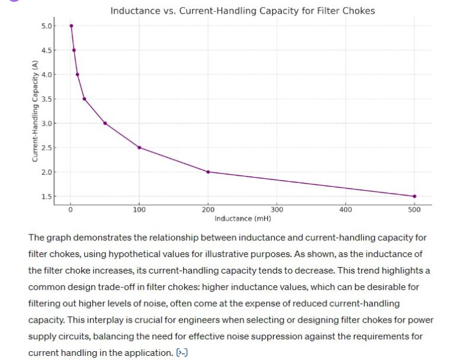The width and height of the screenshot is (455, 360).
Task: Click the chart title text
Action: pyautogui.click(x=242, y=11)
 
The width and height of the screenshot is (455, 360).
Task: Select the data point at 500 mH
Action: pyautogui.click(x=414, y=196)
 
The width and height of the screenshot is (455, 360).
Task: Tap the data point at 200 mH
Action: pyautogui.click(x=208, y=172)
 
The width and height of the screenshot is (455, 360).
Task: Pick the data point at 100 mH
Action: pyautogui.click(x=139, y=147)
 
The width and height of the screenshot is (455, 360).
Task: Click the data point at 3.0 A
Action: pyautogui.click(x=105, y=123)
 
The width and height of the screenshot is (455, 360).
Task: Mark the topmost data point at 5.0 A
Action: pyautogui.click(x=71, y=25)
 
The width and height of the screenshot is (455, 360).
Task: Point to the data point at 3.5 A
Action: pyautogui.click(x=84, y=99)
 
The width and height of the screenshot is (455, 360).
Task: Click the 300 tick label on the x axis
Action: pyautogui.click(x=277, y=210)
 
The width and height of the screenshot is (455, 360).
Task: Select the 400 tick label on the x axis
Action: pyautogui.click(x=345, y=210)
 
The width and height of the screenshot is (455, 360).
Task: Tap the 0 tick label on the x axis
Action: pyautogui.click(x=71, y=210)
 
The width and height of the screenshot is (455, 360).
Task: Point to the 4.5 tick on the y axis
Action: pyautogui.click(x=46, y=50)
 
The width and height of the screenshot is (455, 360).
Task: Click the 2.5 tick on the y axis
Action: pyautogui.click(x=46, y=147)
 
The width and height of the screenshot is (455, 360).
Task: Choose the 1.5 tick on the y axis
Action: pyautogui.click(x=46, y=197)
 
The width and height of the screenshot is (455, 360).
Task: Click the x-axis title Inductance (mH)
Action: pyautogui.click(x=242, y=218)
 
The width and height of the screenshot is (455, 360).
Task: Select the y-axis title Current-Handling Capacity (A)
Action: pyautogui.click(x=35, y=111)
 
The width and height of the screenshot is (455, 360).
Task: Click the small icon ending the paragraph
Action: pyautogui.click(x=182, y=353)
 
